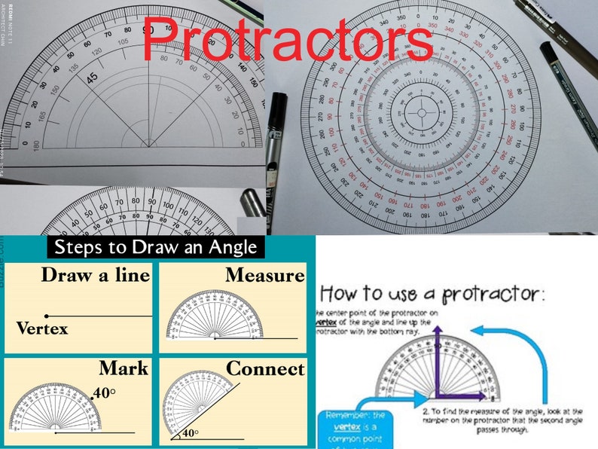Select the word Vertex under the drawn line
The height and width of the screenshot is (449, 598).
(41, 328)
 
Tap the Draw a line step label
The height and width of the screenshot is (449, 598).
(95, 275)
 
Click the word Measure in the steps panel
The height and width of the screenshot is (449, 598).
(264, 276)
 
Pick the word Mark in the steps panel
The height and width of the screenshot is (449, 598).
(124, 368)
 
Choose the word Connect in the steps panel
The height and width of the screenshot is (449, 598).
(265, 368)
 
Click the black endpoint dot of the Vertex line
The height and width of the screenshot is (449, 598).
(47, 315)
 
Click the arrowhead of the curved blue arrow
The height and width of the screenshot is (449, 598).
(476, 330)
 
